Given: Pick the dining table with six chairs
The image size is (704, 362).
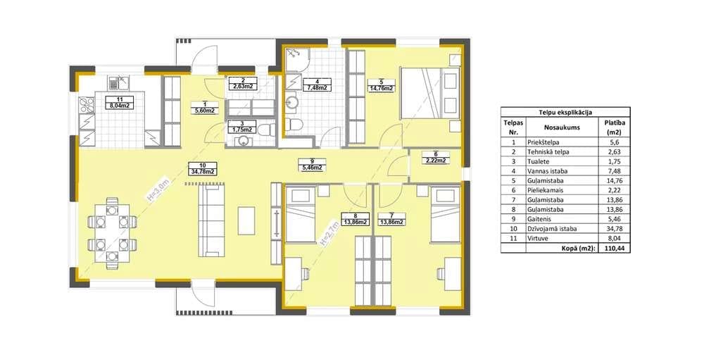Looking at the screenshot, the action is [x=112, y=233].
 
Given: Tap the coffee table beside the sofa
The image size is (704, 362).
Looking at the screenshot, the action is [x=246, y=220].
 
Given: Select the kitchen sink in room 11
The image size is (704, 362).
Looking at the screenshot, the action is [x=118, y=82].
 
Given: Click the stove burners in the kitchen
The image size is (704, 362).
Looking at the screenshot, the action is [x=87, y=106].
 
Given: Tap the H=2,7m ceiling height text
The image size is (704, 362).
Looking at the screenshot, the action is [x=329, y=234].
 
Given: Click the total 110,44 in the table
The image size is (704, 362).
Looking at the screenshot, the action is [x=614, y=248].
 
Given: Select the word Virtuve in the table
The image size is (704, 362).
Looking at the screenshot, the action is [x=539, y=239].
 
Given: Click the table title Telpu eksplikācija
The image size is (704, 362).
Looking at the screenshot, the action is [x=565, y=113].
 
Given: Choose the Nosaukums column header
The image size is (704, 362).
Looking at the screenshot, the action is [x=562, y=127].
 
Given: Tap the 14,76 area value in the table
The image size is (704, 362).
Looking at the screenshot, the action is [x=614, y=180].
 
